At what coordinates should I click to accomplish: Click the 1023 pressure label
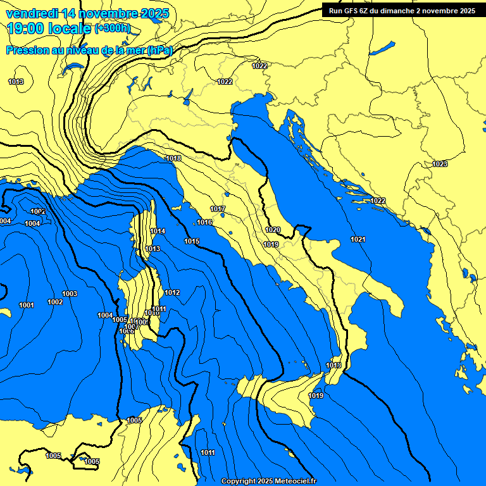tap(440, 164)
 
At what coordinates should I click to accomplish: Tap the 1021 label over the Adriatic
tap(358, 239)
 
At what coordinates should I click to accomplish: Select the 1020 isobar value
tap(273, 230)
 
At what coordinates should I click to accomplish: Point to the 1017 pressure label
tap(218, 209)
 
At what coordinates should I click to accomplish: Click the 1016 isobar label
tap(204, 222)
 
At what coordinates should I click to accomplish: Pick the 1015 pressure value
tap(192, 241)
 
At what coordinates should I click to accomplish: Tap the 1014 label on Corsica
tap(158, 231)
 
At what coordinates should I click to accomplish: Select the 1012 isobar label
tap(172, 292)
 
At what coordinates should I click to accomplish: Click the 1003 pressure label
tap(70, 294)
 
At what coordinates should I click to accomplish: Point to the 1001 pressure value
tap(26, 305)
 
